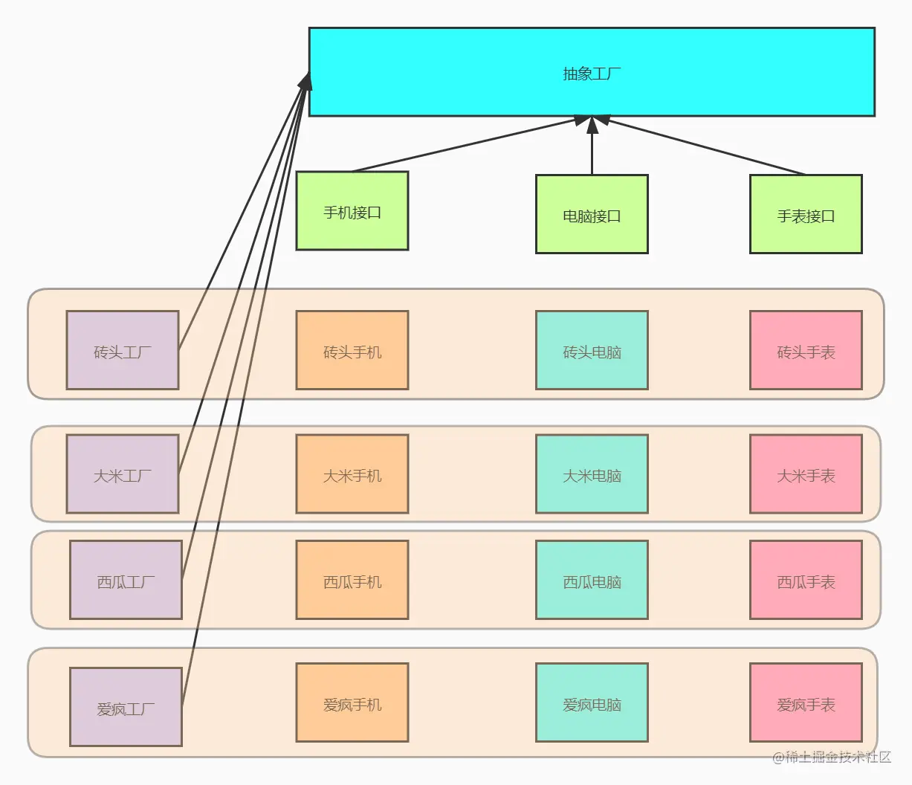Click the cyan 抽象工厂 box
coord(592,72)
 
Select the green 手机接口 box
coord(352,211)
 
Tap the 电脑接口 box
coord(592,215)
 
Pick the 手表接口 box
coord(806,215)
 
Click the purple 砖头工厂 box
coord(123,350)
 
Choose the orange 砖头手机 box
coord(352,350)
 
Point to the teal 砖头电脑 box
coord(592,350)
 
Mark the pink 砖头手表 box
coord(806,350)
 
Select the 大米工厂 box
coord(123,474)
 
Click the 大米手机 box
coord(352,474)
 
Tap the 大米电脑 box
coord(592,474)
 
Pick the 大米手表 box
coord(806,474)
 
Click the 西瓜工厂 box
coord(126,580)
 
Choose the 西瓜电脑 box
coord(592,580)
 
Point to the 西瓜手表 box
coord(806,580)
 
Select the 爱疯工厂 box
coord(126,707)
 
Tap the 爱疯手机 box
coord(352,703)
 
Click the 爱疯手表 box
coord(806,703)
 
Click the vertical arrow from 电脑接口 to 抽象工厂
coord(592,149)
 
